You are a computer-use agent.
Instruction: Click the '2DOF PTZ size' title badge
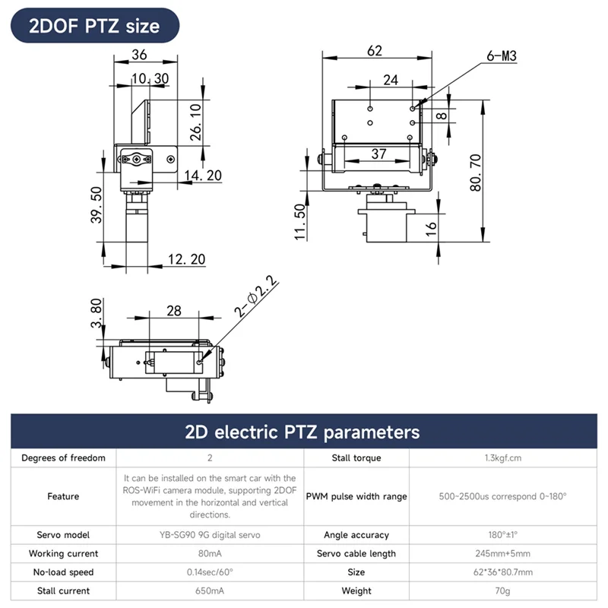coord(94,26)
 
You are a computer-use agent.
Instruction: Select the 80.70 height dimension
coord(477,173)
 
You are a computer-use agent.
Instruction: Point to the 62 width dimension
coord(374,51)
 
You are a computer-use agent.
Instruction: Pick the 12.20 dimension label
coord(186,259)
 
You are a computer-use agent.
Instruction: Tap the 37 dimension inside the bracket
coord(378,154)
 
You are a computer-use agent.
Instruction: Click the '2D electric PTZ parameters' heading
coord(302,432)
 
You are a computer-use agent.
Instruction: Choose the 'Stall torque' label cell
coord(356,458)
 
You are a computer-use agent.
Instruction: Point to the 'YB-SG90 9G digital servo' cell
coord(209,534)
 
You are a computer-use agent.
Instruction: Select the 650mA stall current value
coord(209,591)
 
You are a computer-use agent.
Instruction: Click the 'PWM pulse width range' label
coord(356,496)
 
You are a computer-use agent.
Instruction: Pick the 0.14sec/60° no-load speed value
coord(209,572)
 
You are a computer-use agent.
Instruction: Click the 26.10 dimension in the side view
coord(195,122)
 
